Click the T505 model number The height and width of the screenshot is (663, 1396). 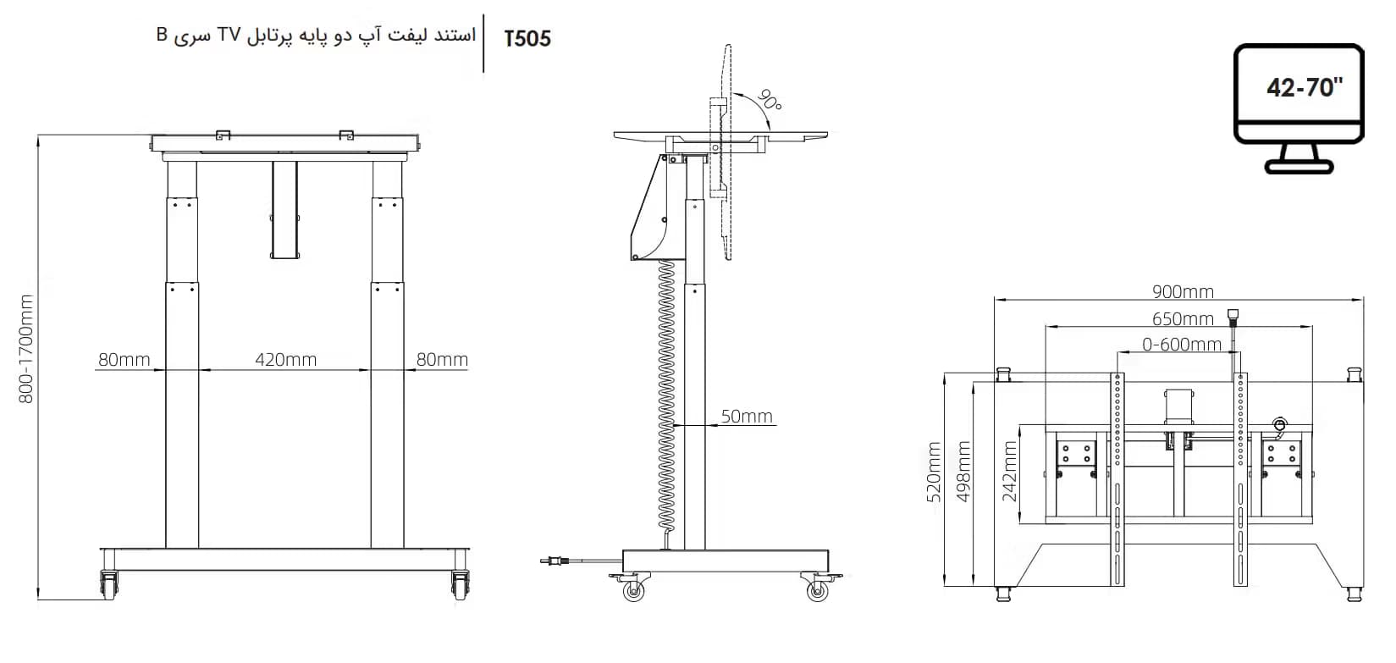pyautogui.click(x=527, y=39)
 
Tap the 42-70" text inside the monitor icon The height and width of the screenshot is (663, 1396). pyautogui.click(x=1305, y=88)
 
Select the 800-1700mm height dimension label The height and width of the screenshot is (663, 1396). pyautogui.click(x=26, y=349)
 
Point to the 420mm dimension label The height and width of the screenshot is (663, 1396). pyautogui.click(x=286, y=360)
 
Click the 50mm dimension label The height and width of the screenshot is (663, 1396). pyautogui.click(x=747, y=416)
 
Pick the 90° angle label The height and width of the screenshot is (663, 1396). pyautogui.click(x=770, y=100)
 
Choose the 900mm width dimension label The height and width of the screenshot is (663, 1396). pyautogui.click(x=1183, y=291)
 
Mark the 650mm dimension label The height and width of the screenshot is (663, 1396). pyautogui.click(x=1183, y=319)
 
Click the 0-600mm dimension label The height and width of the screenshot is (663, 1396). pyautogui.click(x=1182, y=345)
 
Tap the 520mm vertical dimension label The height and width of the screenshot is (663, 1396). pyautogui.click(x=934, y=472)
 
